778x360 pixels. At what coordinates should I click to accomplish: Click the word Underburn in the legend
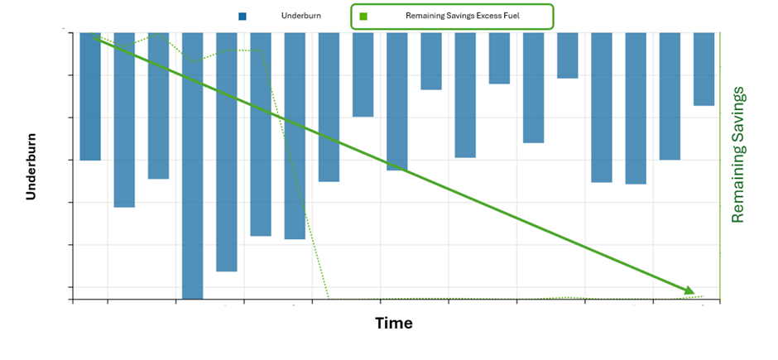tap(301, 16)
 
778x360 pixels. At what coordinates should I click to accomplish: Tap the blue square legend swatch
tap(243, 16)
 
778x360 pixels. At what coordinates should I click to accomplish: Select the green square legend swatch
tap(363, 16)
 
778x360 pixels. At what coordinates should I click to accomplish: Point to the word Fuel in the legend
tap(511, 16)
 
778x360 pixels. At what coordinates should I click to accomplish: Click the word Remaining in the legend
tap(426, 16)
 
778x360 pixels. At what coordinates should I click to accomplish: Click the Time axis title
tap(394, 323)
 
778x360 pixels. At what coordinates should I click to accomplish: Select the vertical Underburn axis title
tap(31, 166)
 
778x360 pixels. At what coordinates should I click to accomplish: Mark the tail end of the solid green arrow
tap(97, 38)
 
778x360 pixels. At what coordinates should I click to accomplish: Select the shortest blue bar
tap(567, 55)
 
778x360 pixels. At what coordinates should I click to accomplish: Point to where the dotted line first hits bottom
tap(329, 298)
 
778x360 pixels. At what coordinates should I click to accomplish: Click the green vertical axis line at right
tap(720, 166)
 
